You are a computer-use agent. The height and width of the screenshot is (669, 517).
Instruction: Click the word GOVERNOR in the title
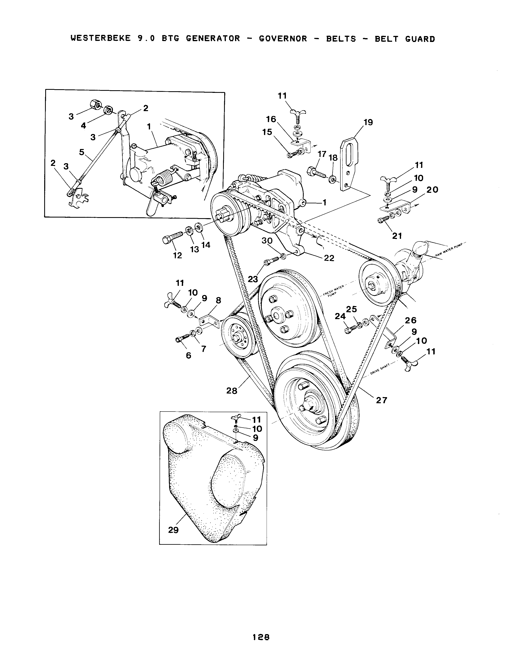[283, 39]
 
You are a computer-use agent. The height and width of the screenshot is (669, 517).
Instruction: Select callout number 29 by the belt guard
[173, 530]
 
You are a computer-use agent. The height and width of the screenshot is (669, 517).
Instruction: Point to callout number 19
[368, 122]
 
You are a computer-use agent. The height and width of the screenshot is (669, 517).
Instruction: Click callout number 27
[382, 400]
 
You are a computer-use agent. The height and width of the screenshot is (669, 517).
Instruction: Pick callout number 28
[232, 391]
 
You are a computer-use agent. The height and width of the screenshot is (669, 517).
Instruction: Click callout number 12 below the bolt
[178, 255]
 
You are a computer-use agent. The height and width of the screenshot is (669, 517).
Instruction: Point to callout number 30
[267, 241]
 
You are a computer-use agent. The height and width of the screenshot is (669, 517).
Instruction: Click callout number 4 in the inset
[84, 126]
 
